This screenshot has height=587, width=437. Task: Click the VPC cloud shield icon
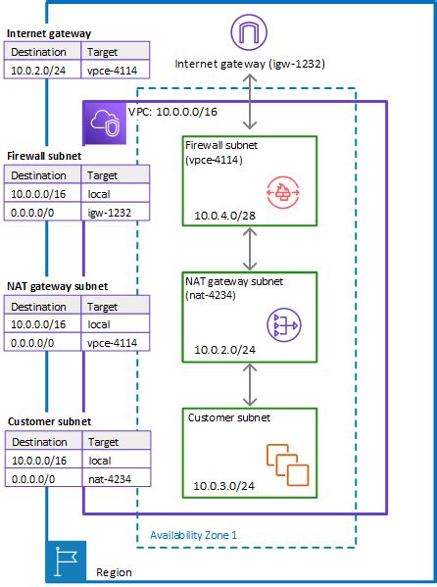104,121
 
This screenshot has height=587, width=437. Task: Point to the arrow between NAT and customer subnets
253,384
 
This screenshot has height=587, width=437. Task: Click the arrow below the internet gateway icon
253,103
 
